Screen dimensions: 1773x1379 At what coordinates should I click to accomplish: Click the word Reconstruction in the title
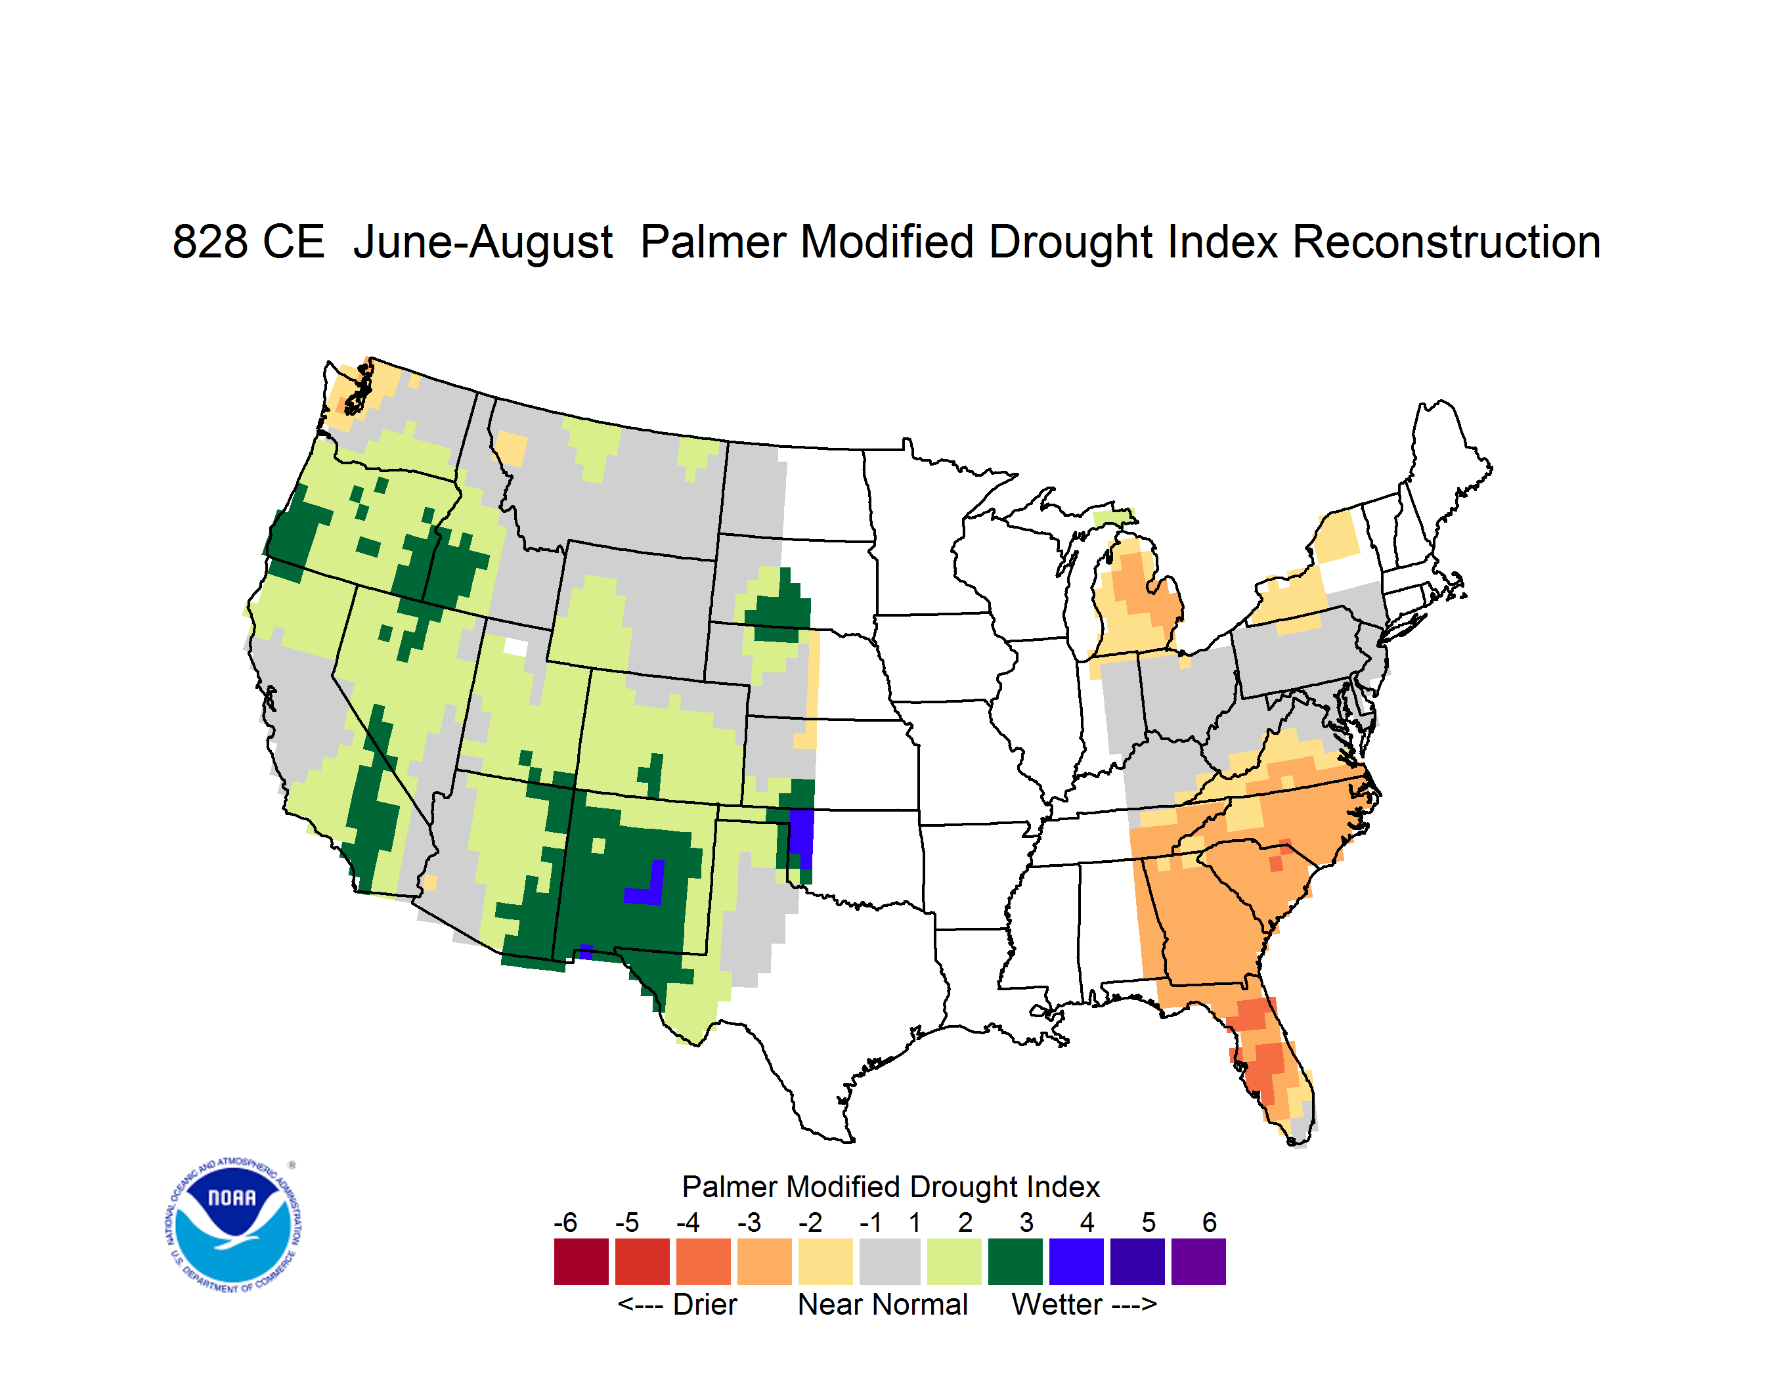click(1446, 242)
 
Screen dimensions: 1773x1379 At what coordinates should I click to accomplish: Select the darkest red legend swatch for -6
click(581, 1261)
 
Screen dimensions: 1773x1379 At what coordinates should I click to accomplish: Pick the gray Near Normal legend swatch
click(890, 1261)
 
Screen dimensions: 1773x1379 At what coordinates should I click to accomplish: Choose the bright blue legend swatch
click(1076, 1261)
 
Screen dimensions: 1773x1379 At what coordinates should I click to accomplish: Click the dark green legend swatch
click(1015, 1261)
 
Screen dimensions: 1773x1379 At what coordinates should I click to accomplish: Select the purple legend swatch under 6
click(1198, 1261)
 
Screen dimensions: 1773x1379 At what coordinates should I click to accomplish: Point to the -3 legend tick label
click(749, 1222)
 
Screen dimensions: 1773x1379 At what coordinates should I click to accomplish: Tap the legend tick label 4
click(1087, 1222)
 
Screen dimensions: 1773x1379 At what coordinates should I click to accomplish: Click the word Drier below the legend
click(705, 1304)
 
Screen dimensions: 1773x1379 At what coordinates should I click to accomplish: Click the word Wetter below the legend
click(1057, 1304)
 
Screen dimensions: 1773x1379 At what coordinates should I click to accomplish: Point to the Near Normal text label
click(883, 1304)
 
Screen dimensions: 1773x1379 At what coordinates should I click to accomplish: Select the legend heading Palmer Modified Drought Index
click(890, 1187)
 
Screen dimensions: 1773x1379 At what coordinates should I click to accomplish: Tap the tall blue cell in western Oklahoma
click(801, 839)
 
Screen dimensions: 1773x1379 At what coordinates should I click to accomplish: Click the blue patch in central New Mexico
click(647, 884)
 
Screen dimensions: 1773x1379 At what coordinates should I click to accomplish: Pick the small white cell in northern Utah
click(515, 647)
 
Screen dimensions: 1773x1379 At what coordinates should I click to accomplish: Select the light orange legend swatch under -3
click(764, 1261)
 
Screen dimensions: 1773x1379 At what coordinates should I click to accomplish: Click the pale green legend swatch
click(954, 1261)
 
